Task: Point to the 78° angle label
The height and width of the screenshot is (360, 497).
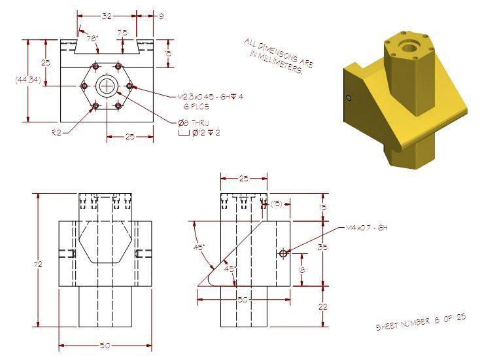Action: point(93,39)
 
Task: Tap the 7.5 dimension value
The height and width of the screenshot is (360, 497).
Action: point(122,32)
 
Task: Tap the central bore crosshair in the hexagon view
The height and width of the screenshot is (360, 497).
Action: point(107,86)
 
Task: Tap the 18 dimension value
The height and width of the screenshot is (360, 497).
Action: point(300,269)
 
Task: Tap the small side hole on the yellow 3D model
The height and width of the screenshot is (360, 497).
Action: point(349,98)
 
